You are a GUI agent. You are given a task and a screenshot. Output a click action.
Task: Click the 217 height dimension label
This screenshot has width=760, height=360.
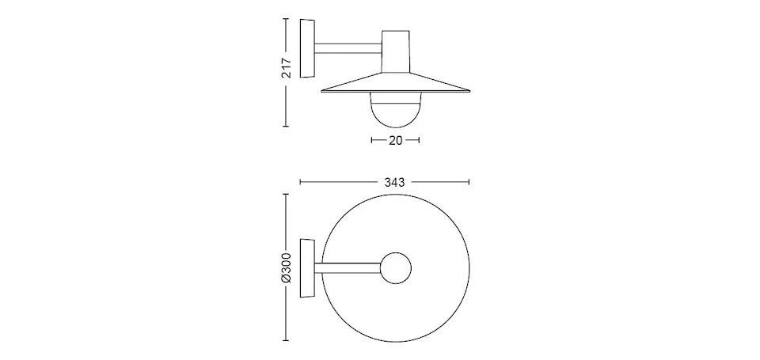(287, 68)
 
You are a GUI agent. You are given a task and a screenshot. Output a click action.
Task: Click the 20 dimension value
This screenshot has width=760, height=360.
(396, 141)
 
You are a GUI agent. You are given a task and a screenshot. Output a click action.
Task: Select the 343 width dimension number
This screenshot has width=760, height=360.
(394, 182)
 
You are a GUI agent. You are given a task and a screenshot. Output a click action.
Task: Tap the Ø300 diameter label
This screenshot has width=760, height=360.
(287, 267)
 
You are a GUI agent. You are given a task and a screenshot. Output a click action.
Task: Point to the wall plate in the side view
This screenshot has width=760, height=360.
(307, 48)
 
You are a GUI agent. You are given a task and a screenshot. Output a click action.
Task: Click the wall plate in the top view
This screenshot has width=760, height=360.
(307, 268)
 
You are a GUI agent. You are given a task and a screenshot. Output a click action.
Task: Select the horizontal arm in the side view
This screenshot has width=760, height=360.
(348, 48)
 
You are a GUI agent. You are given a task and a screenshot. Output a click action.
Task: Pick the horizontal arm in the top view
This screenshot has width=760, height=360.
(348, 268)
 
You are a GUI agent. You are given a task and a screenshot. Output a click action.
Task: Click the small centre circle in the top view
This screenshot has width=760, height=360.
(396, 268)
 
